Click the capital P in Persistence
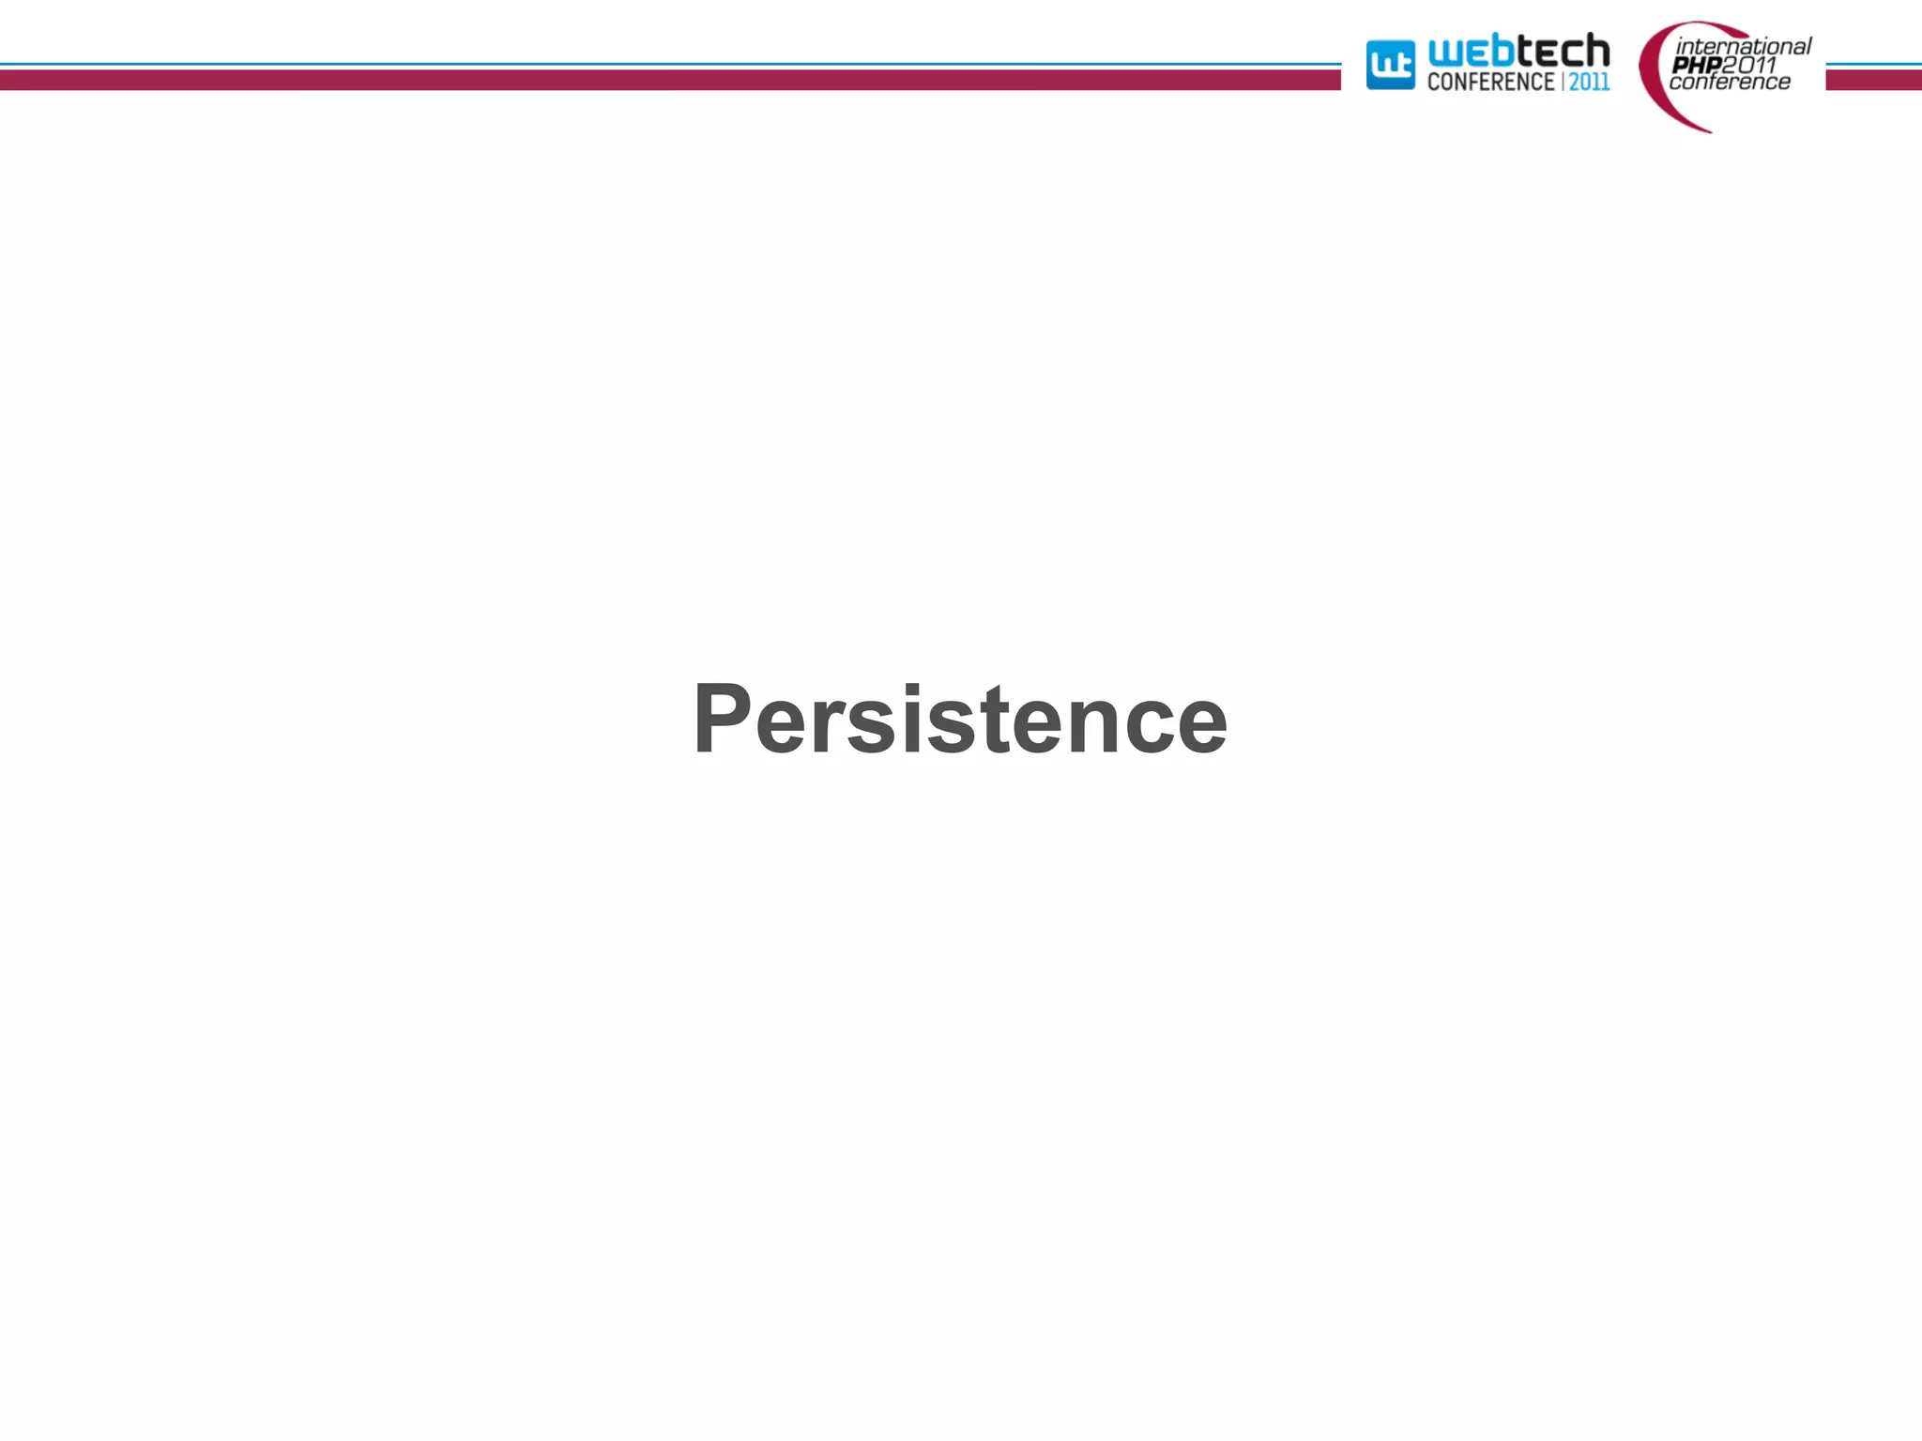pos(722,718)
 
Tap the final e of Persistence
pos(1201,729)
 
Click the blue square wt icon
pos(1390,65)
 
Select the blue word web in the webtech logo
pos(1471,53)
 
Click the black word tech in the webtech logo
pos(1563,51)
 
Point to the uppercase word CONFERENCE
pos(1490,83)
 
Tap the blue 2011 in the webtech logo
pos(1590,83)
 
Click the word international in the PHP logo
pos(1743,46)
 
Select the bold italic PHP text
pos(1696,65)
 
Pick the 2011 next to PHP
pos(1748,65)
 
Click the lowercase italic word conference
pos(1730,83)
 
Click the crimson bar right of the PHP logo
pos(1873,81)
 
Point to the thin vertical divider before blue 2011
pos(1563,83)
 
